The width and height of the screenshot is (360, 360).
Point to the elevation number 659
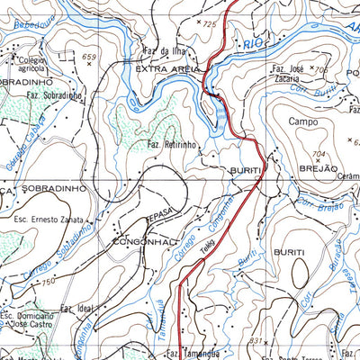[x=88, y=57]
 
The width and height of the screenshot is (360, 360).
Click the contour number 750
[x=48, y=283]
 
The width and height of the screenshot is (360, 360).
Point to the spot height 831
[x=255, y=341]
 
